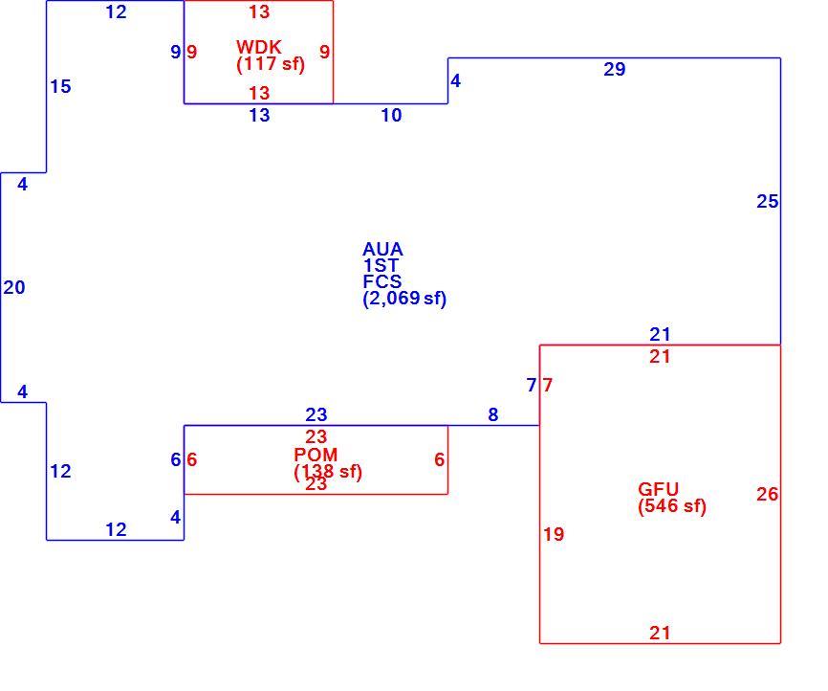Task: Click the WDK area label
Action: (x=259, y=47)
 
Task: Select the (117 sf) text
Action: (x=271, y=64)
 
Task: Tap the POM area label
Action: (x=316, y=455)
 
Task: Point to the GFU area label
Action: (x=658, y=489)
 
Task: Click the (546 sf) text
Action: (x=672, y=506)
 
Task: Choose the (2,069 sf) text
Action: (x=404, y=299)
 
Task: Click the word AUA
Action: (x=382, y=249)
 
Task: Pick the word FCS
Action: (x=382, y=281)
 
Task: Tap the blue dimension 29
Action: (x=615, y=69)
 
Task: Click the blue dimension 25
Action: (x=767, y=201)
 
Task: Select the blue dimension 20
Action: (x=14, y=288)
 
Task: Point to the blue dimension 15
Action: (x=61, y=87)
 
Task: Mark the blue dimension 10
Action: (x=391, y=115)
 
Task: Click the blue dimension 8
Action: (x=493, y=415)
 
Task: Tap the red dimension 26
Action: (x=767, y=495)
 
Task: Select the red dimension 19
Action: (x=554, y=534)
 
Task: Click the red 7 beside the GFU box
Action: (x=548, y=386)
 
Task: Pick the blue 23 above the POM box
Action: (x=316, y=415)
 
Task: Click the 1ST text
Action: (x=381, y=265)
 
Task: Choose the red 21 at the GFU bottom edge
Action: (x=660, y=634)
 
